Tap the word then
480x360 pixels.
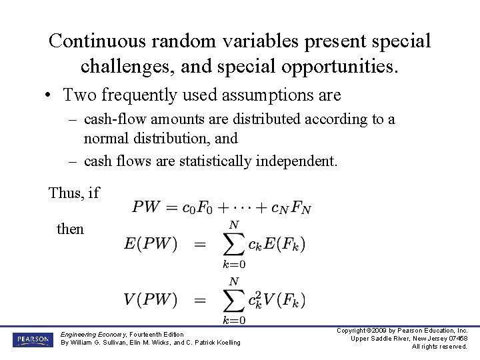pos(71,229)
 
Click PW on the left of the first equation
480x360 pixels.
pos(146,207)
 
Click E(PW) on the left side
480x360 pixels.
pos(151,244)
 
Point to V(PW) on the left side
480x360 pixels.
pos(150,299)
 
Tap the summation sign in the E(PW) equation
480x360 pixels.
pos(233,245)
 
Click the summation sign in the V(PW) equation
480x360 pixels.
pos(233,300)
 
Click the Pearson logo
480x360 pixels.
pos(33,339)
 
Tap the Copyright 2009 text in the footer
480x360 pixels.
pos(373,331)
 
